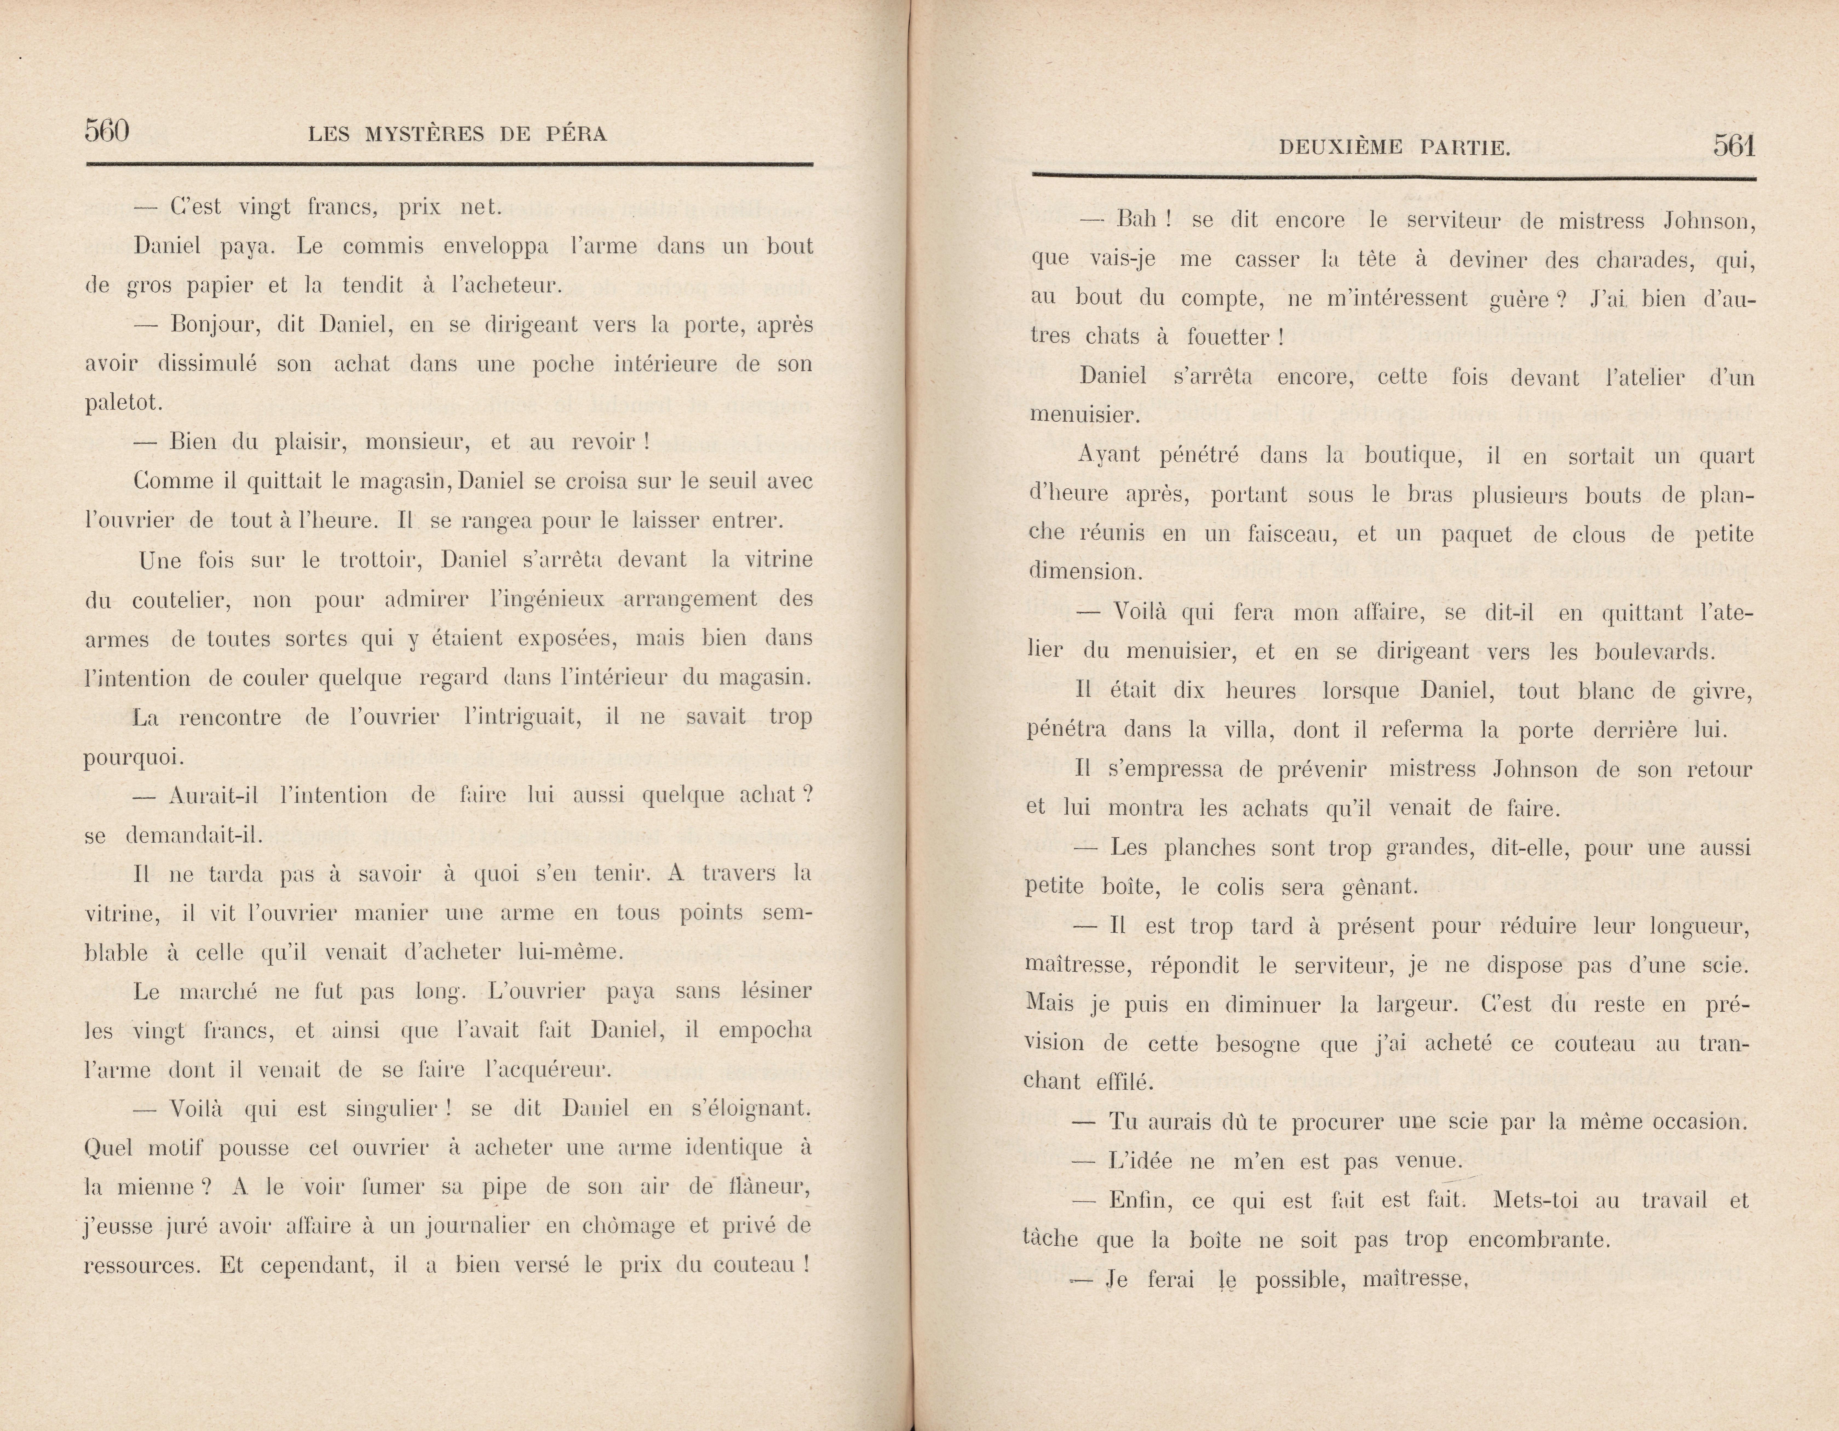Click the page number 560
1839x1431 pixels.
(107, 131)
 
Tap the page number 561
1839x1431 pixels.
(1734, 146)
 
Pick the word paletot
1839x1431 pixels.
(123, 403)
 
